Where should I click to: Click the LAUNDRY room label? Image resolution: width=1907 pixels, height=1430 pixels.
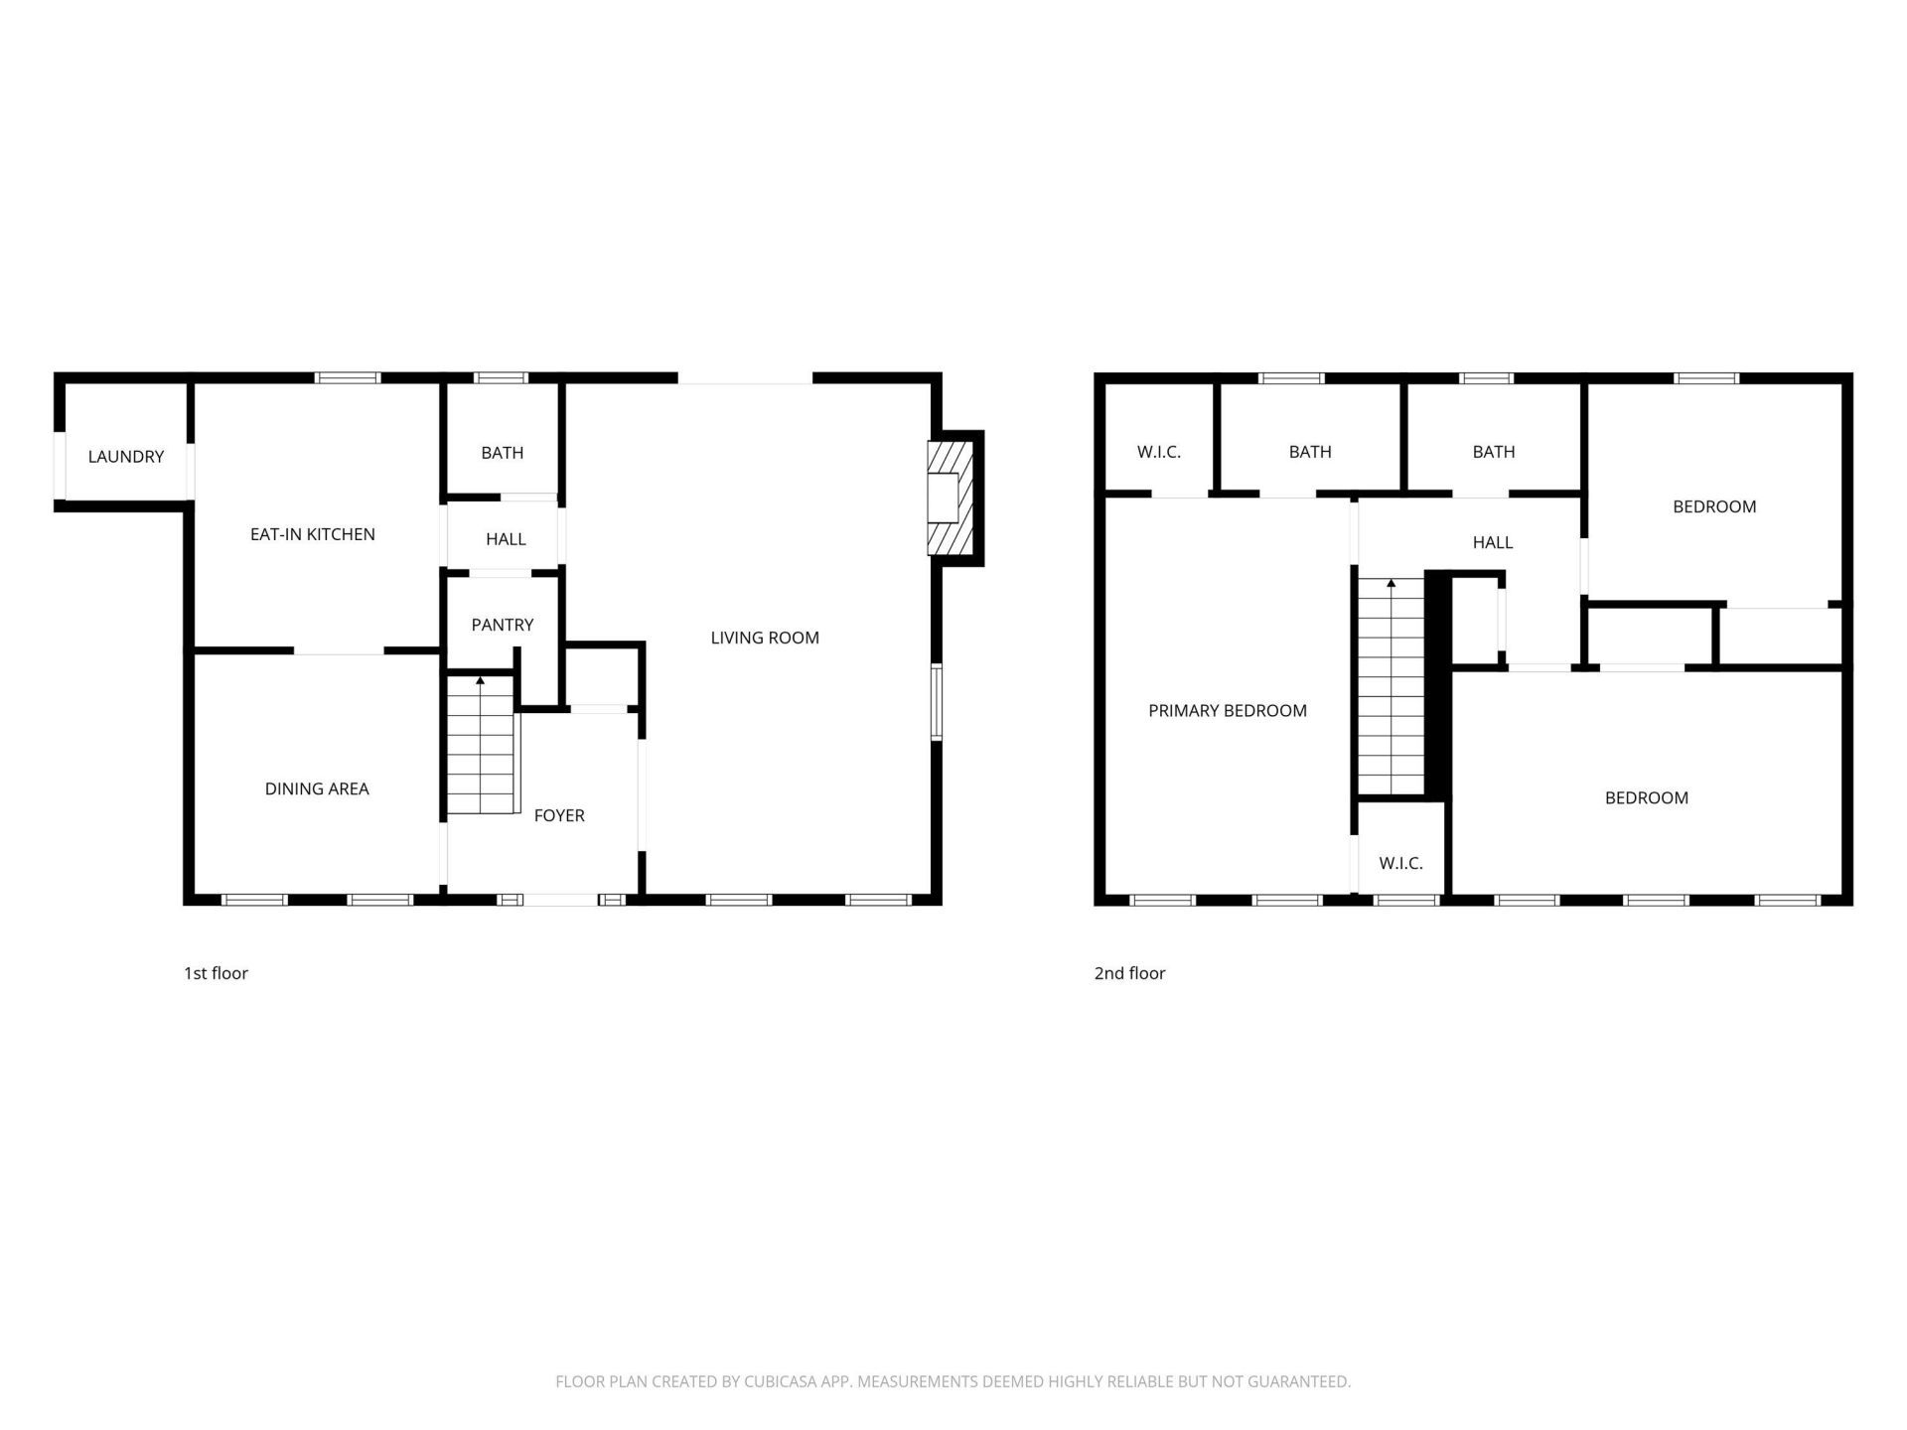pyautogui.click(x=126, y=457)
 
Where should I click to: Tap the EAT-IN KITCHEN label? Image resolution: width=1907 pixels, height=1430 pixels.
pyautogui.click(x=313, y=534)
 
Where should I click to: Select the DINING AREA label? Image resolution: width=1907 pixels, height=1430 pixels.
pyautogui.click(x=317, y=788)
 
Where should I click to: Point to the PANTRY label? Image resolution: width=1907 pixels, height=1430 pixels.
pyautogui.click(x=503, y=625)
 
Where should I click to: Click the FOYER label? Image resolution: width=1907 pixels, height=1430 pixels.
pyautogui.click(x=559, y=815)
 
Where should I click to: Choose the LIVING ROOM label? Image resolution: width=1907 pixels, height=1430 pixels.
pyautogui.click(x=765, y=638)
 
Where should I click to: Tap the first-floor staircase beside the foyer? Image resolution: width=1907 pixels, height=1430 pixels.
pyautogui.click(x=483, y=745)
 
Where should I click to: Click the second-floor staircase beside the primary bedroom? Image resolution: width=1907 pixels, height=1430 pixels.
pyautogui.click(x=1391, y=686)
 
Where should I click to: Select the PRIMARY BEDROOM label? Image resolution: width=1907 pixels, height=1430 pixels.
pyautogui.click(x=1228, y=710)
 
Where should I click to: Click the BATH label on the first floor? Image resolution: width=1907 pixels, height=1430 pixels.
pyautogui.click(x=503, y=453)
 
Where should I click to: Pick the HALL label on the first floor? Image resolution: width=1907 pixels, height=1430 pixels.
pyautogui.click(x=506, y=539)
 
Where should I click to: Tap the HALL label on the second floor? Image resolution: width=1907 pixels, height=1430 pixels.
pyautogui.click(x=1493, y=542)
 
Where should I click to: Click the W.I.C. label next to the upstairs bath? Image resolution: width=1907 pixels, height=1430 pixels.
pyautogui.click(x=1159, y=452)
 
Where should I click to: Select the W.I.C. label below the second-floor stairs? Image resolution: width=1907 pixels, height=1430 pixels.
pyautogui.click(x=1400, y=863)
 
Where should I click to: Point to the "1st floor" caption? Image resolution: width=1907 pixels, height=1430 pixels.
pyautogui.click(x=216, y=973)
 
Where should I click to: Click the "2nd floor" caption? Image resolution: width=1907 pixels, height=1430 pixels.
pyautogui.click(x=1129, y=973)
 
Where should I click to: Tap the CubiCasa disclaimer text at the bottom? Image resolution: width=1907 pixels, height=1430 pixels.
pyautogui.click(x=953, y=1381)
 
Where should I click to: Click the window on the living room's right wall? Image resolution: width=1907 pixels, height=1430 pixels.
pyautogui.click(x=936, y=702)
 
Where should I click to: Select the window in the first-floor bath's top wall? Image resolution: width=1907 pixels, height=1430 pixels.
pyautogui.click(x=501, y=377)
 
